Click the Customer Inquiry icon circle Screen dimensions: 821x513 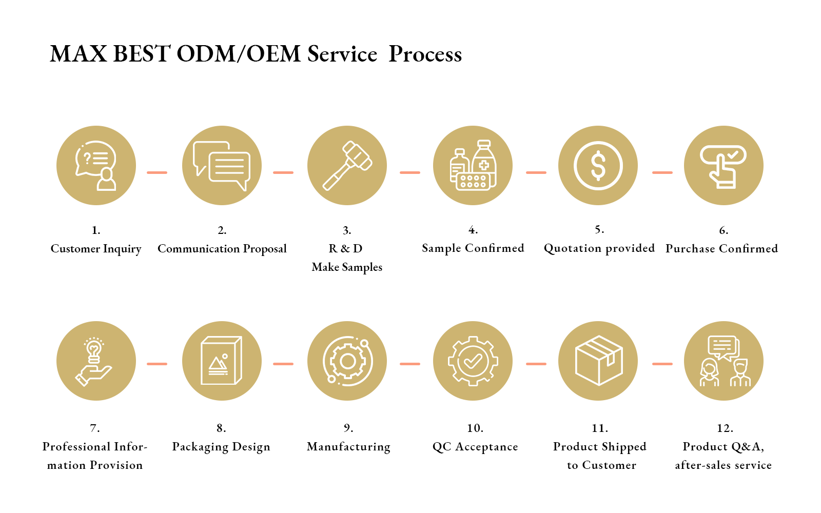[96, 165]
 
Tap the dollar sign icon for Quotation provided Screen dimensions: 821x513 [598, 165]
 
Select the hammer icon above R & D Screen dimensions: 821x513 [347, 166]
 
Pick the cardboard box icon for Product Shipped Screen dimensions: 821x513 [598, 361]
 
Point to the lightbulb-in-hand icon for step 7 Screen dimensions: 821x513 [93, 362]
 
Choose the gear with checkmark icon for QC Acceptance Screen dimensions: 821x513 [473, 361]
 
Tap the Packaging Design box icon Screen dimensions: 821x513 [221, 361]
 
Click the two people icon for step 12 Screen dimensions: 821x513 [724, 361]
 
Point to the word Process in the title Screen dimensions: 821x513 [425, 54]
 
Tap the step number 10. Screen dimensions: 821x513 [475, 428]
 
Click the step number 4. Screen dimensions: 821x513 [473, 230]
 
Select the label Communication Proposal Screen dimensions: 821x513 [222, 248]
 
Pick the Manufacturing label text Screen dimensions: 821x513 [348, 447]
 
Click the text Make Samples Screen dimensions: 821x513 [347, 267]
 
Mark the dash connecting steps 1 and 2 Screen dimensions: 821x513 [157, 172]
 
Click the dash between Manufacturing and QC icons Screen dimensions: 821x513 [410, 364]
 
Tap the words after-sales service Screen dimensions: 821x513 [724, 465]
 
